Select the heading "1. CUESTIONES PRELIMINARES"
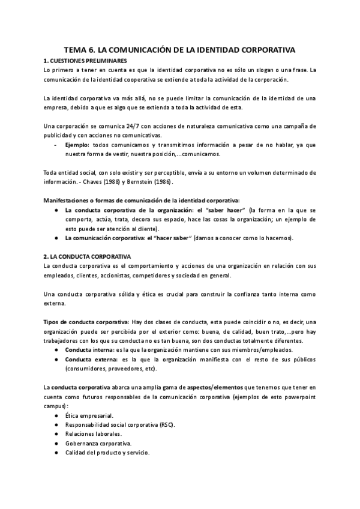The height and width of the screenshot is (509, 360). pos(85,61)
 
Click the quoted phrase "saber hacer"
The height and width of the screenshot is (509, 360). pos(210,211)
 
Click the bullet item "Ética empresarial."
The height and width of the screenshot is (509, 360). pos(89,415)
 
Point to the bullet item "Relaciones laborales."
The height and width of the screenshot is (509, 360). pos(93,433)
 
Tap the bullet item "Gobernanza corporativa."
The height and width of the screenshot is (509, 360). pos(98,443)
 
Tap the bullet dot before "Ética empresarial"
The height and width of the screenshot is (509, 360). pos(56,415)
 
